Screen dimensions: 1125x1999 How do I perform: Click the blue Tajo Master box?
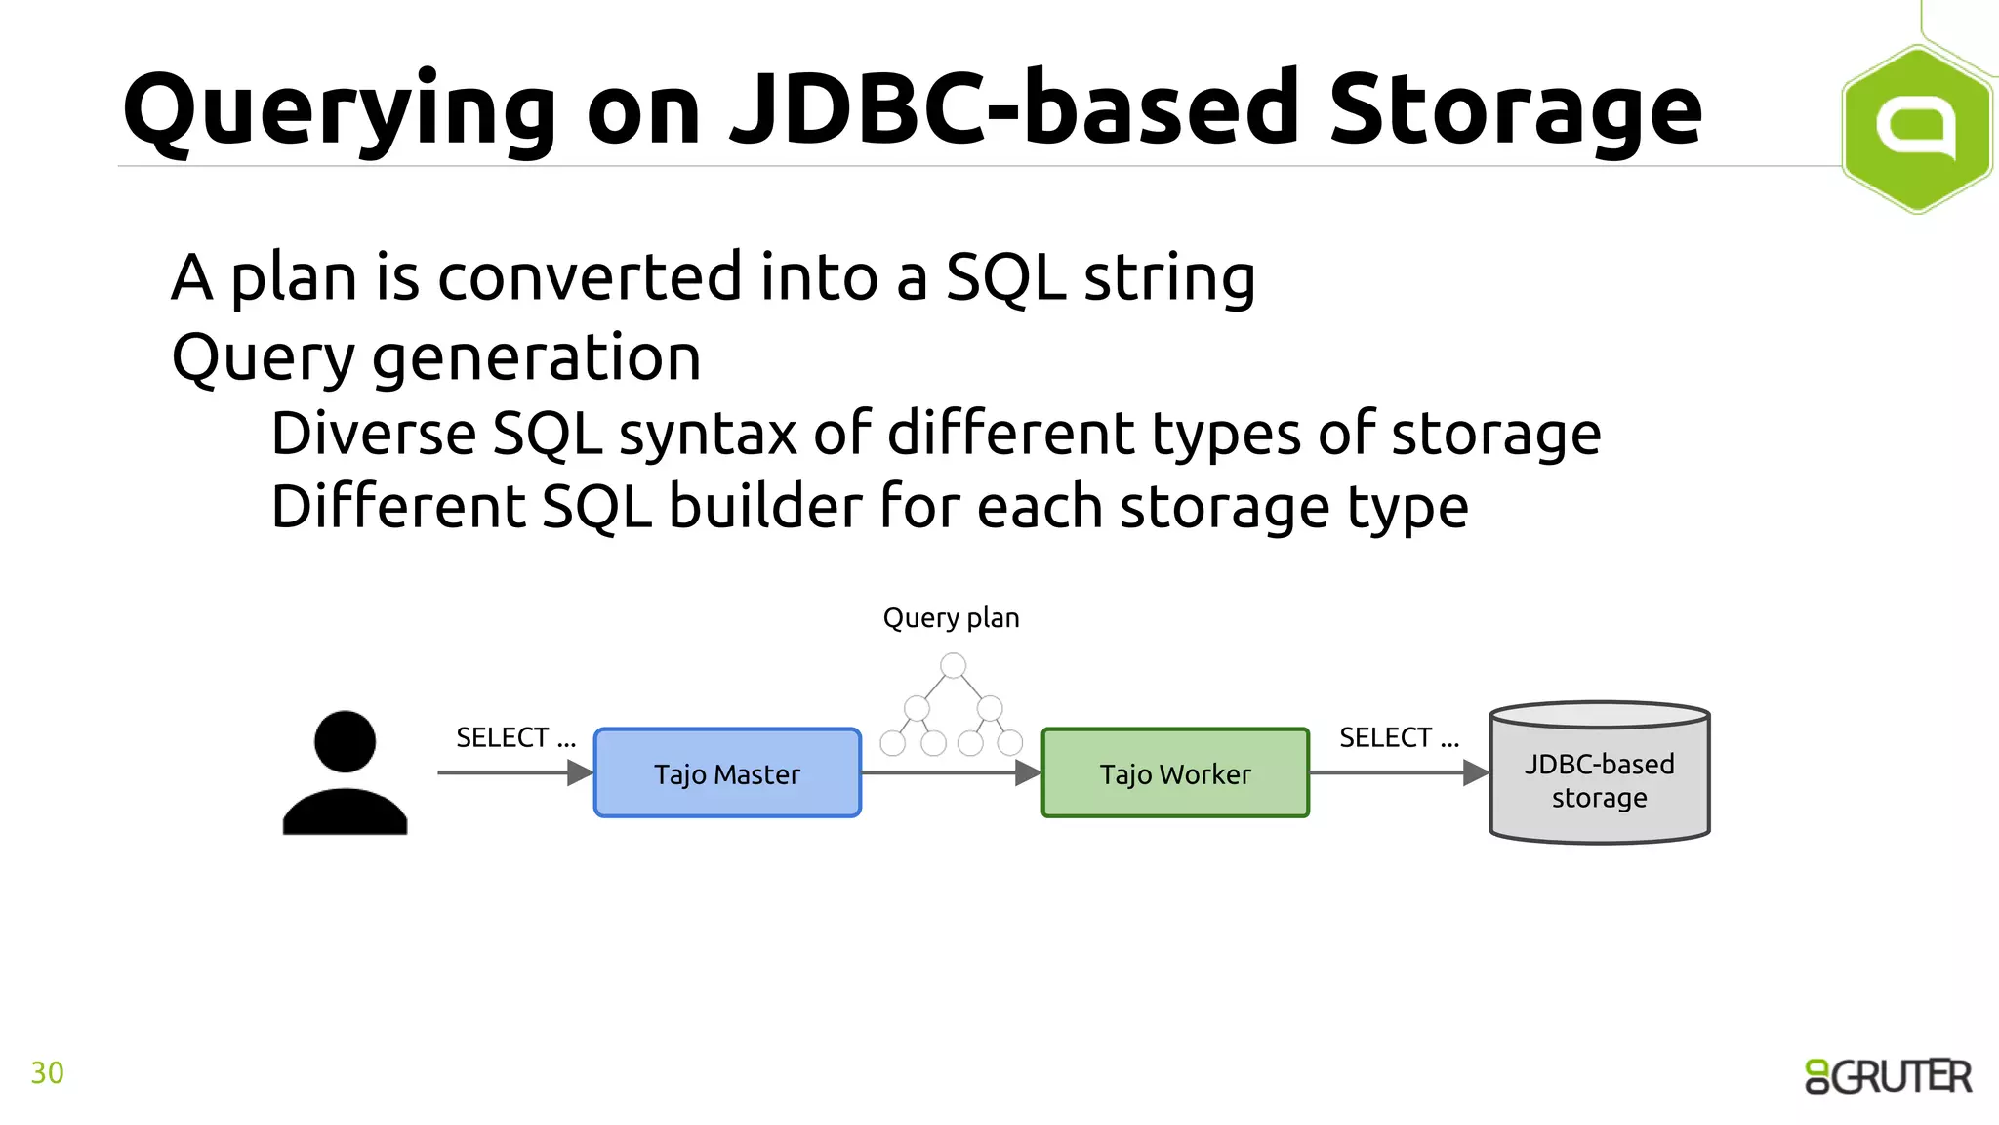(727, 772)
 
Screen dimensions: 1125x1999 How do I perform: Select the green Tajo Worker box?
(1175, 772)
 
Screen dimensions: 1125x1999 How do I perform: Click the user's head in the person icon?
(345, 741)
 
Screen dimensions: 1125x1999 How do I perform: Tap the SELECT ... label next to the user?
(515, 737)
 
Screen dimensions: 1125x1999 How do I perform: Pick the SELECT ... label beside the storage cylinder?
(1399, 737)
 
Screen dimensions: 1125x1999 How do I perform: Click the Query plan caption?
(951, 618)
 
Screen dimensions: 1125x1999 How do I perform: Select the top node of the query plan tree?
(953, 666)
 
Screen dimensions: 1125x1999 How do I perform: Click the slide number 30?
(47, 1072)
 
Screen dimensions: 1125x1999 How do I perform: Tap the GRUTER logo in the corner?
(1888, 1076)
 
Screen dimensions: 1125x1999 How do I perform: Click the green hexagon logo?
(1915, 128)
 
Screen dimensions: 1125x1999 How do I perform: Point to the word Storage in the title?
(1515, 109)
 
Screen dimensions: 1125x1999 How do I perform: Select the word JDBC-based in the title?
(1015, 109)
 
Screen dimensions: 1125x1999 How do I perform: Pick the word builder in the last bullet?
(767, 507)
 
